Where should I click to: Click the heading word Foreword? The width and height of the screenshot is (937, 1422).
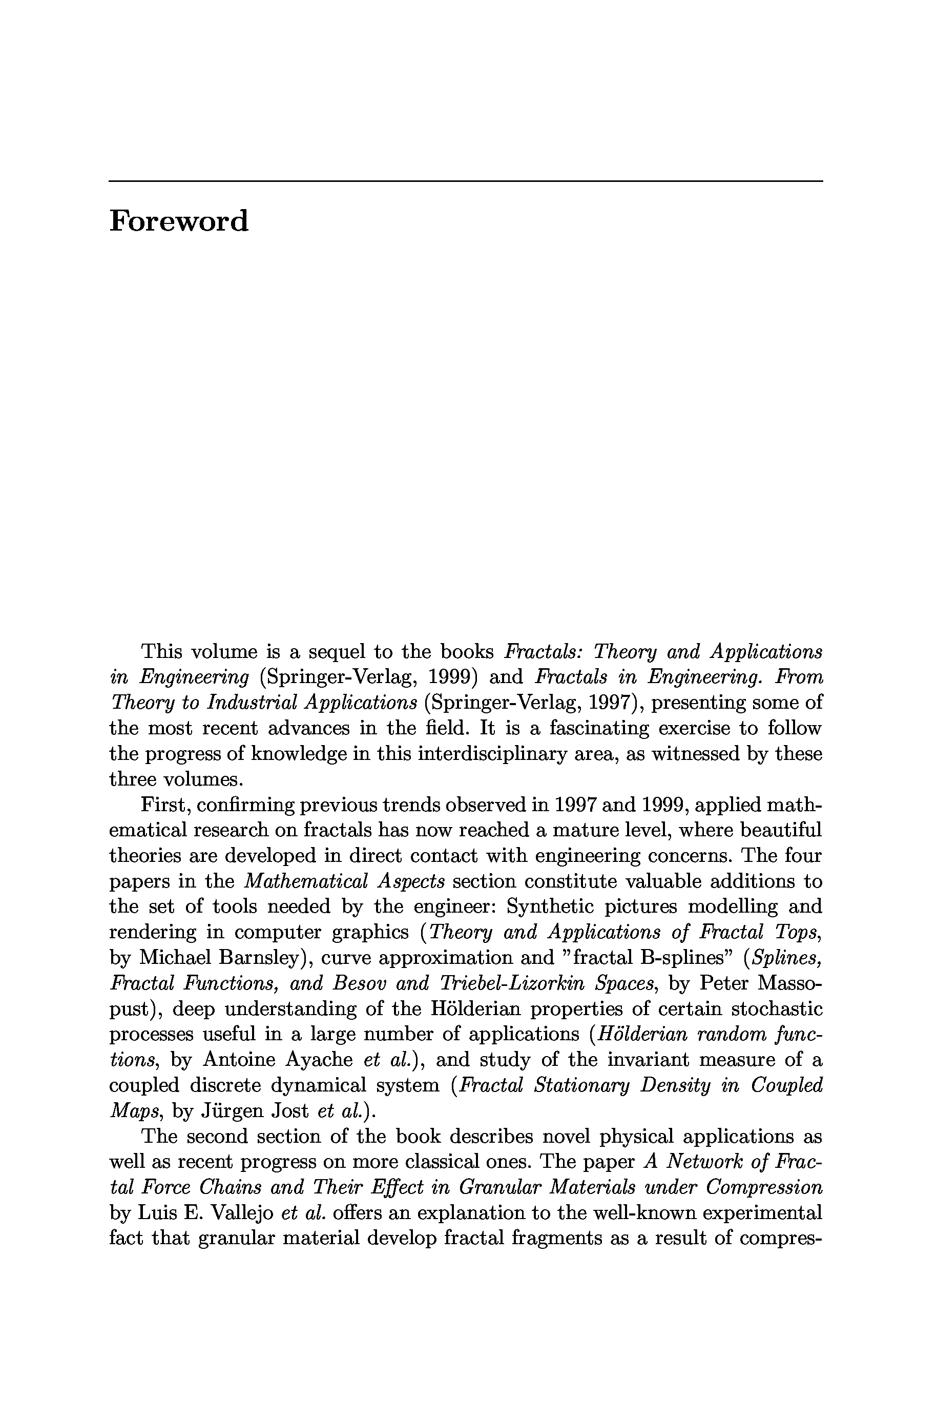click(x=178, y=221)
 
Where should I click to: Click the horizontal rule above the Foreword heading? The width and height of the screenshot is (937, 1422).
click(x=466, y=180)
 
